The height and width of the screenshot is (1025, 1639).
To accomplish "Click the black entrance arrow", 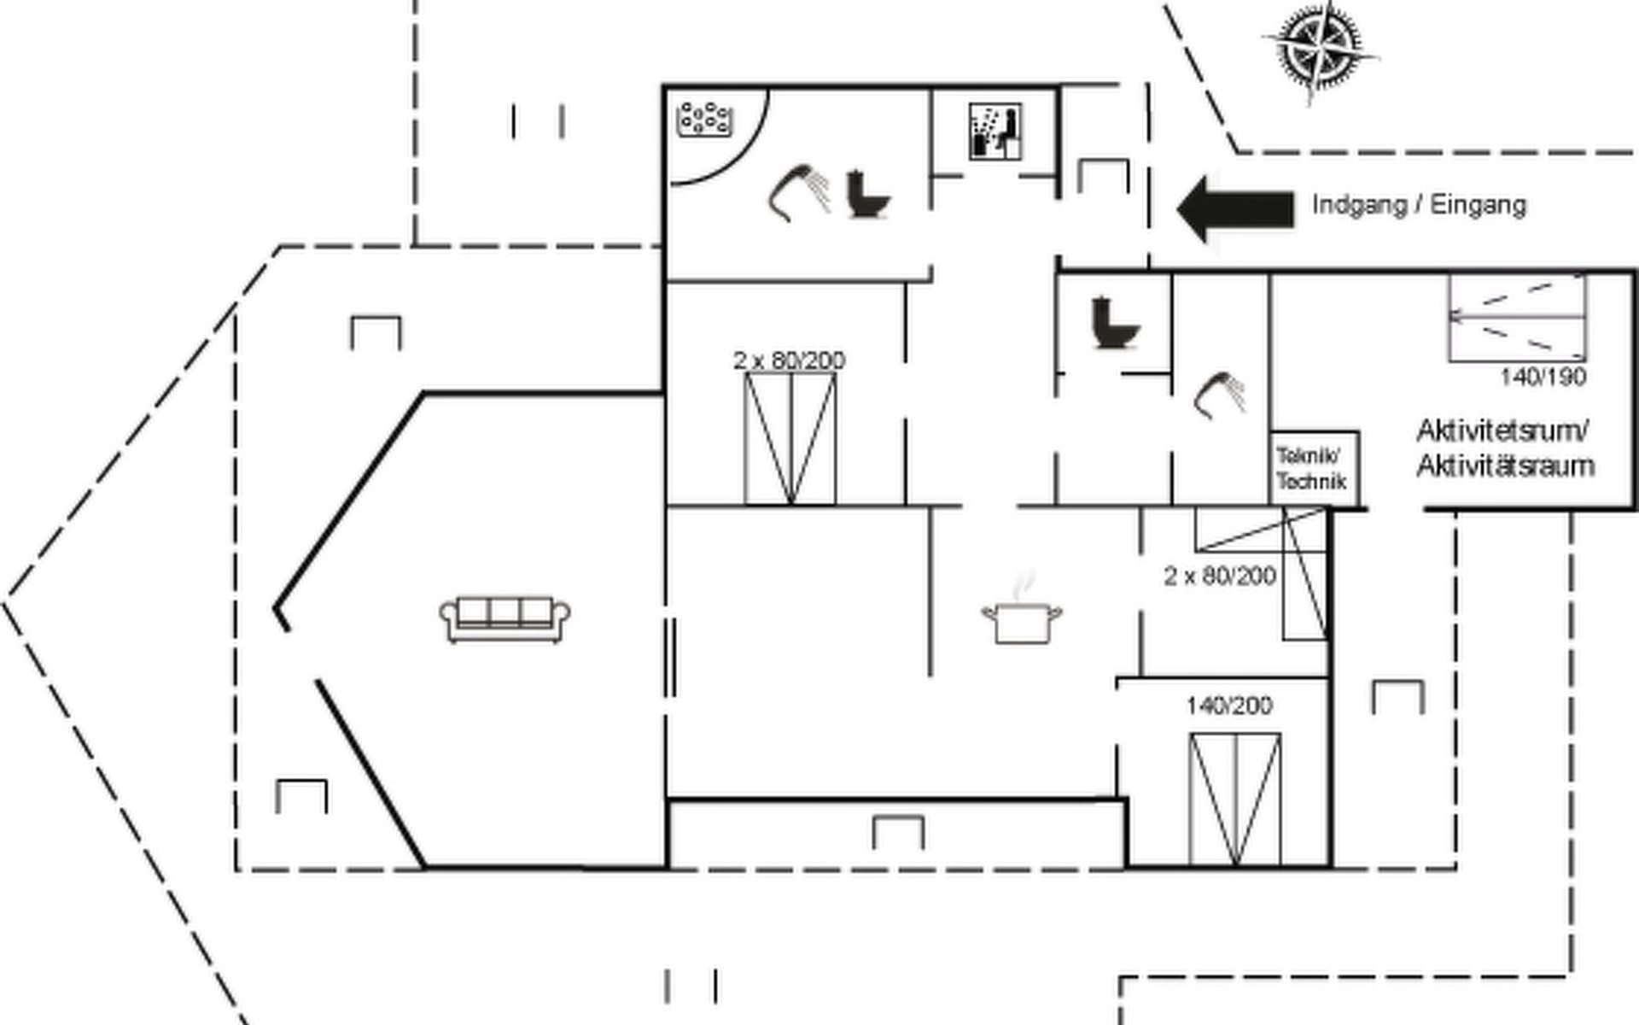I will (x=1234, y=209).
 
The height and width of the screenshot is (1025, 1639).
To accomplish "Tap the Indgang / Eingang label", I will (x=1419, y=206).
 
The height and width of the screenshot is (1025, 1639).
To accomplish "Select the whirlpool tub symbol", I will (x=705, y=120).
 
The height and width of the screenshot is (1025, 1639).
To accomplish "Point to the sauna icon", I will (x=995, y=132).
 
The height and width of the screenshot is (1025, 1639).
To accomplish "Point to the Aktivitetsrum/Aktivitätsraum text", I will (x=1505, y=448).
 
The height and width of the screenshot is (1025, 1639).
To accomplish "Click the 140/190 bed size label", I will (x=1543, y=378).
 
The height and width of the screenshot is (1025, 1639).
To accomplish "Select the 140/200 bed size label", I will (x=1229, y=706).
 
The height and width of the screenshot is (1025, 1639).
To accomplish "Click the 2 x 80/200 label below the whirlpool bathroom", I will (x=790, y=360).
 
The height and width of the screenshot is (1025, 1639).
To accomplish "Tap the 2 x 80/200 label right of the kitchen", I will (x=1220, y=577).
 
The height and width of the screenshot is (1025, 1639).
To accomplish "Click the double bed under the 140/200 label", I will (x=1234, y=799).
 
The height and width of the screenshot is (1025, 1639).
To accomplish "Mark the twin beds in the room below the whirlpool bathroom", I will (x=790, y=439).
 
